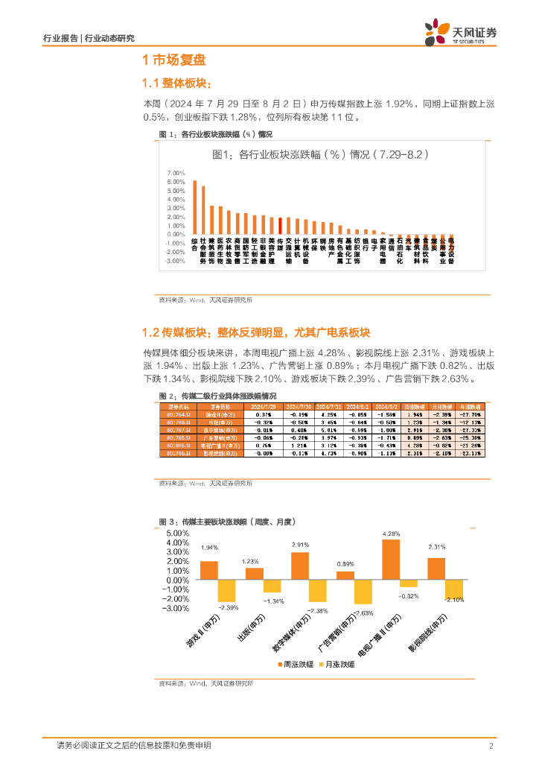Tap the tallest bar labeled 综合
(194, 207)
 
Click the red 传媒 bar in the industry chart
(280, 226)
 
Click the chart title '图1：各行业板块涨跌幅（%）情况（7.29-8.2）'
(319, 154)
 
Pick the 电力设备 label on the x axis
(451, 251)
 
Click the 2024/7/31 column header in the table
(328, 408)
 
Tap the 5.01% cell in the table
(328, 430)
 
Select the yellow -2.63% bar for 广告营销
(363, 592)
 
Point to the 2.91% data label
(300, 545)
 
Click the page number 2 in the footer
(491, 746)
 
